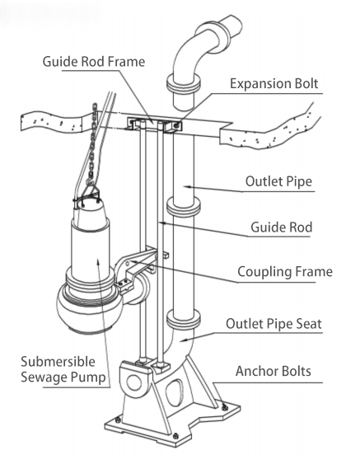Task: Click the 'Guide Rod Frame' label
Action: tap(94, 62)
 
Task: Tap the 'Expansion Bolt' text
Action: tap(274, 84)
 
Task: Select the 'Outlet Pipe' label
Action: tap(278, 181)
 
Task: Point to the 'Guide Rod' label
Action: tap(281, 227)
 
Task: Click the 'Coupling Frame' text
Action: tap(285, 272)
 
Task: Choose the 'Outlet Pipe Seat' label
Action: tap(274, 324)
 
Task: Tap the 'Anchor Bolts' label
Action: tap(274, 371)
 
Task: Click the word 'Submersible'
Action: tap(58, 362)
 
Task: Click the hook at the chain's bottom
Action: tap(90, 180)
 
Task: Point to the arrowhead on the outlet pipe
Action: tap(187, 186)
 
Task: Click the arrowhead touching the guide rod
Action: tap(164, 223)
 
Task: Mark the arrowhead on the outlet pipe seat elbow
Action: tap(184, 340)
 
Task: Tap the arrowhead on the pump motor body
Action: tap(99, 262)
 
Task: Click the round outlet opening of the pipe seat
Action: tap(133, 382)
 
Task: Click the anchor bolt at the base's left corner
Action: tap(118, 419)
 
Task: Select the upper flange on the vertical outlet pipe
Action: tap(184, 206)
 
